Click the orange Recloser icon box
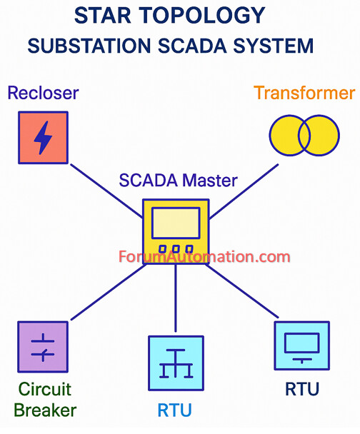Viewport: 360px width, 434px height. point(43,138)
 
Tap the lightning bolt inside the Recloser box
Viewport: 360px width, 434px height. point(43,138)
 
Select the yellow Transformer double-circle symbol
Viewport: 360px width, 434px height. point(304,136)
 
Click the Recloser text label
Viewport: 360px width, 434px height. point(43,93)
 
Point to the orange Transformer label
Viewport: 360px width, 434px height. point(304,93)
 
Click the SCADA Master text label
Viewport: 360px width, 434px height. point(178,181)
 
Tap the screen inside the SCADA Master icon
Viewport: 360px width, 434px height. point(176,223)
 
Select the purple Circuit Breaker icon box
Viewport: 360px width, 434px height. point(43,347)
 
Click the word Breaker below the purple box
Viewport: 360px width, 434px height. point(45,410)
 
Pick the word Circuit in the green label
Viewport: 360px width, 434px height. point(45,389)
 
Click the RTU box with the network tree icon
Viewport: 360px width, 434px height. point(176,363)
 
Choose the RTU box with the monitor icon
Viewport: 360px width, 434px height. point(302,345)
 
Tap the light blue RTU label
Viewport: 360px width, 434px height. point(174,410)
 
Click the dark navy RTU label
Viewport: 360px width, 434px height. point(302,389)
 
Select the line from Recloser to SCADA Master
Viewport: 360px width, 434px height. point(107,191)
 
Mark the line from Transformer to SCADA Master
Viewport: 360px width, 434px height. point(243,191)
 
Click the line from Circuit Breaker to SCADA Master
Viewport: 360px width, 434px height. point(109,292)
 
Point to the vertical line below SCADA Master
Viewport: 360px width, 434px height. point(176,298)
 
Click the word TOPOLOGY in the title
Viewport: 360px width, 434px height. point(202,16)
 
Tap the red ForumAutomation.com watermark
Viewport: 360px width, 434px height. point(204,257)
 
